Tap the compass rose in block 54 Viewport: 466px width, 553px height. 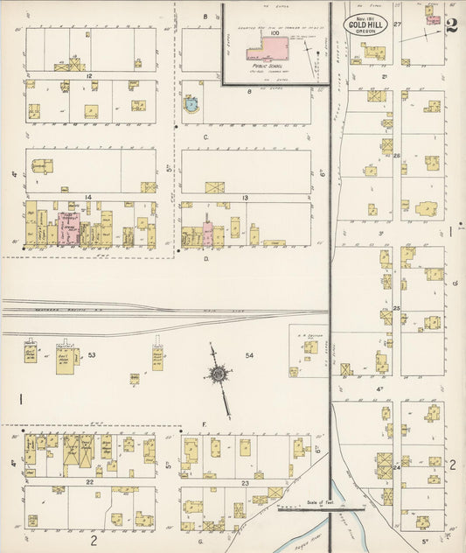(217, 374)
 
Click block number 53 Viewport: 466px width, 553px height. (91, 355)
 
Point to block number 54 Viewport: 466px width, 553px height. (249, 355)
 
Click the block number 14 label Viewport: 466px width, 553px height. (88, 198)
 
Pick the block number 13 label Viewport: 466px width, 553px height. (246, 199)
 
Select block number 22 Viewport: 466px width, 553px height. (89, 482)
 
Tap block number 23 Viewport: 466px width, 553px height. (246, 483)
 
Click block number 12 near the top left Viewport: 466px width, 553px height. (89, 76)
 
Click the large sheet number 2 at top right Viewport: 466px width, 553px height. (450, 24)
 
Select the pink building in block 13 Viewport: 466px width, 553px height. (208, 234)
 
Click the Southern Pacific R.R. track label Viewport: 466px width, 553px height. (35, 312)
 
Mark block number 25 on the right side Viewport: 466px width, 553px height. (396, 309)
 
